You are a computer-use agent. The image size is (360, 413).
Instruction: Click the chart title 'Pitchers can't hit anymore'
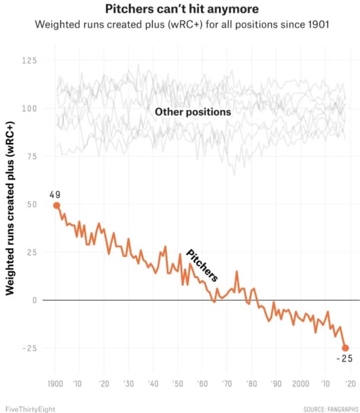coord(182,9)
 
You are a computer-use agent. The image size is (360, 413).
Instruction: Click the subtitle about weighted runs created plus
coord(182,24)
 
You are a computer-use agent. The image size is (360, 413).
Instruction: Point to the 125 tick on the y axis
coord(30,61)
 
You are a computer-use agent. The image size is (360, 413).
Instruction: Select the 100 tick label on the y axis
coord(30,108)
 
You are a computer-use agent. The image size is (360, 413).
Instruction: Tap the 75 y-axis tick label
coord(31,156)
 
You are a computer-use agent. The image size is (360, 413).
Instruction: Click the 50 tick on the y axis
coord(31,204)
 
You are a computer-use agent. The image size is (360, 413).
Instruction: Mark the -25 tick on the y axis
coord(30,348)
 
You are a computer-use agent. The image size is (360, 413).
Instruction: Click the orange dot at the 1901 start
coord(56,206)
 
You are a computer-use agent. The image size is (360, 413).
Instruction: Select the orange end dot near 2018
coord(345,348)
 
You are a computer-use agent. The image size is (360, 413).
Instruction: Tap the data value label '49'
coord(55,194)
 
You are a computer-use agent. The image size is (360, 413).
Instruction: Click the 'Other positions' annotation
coord(193,112)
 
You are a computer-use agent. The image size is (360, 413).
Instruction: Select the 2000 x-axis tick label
coord(300,384)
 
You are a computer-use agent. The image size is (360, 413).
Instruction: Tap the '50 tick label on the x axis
coord(177,384)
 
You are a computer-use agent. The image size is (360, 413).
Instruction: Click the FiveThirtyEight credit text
coord(28,409)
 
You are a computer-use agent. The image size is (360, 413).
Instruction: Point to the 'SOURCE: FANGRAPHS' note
coord(328,409)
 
